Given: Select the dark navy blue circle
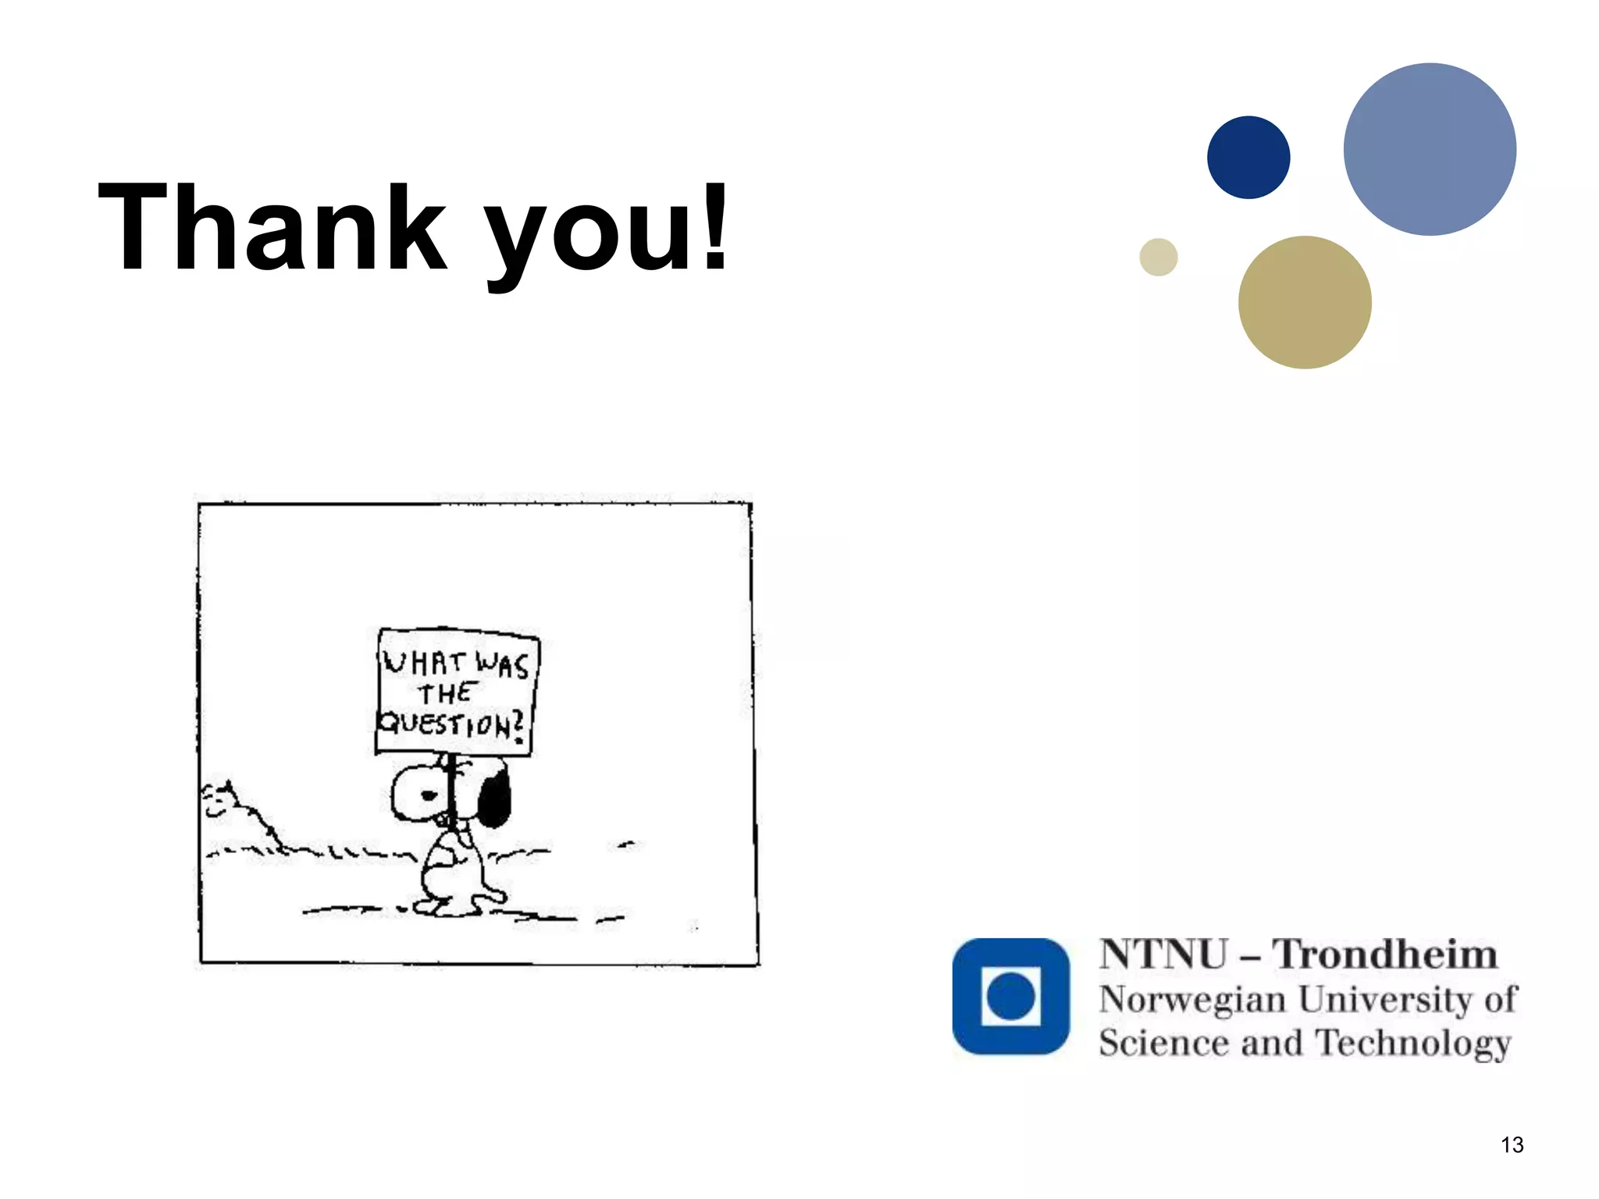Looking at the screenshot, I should (x=1248, y=158).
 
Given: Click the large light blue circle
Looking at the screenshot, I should (x=1430, y=149).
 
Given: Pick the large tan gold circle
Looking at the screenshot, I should (x=1305, y=302).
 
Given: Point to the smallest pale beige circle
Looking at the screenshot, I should (x=1159, y=257).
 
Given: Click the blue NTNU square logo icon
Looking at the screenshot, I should (x=1011, y=996).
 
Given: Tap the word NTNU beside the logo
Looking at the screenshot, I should (x=1163, y=954).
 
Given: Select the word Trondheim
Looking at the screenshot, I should (x=1385, y=954).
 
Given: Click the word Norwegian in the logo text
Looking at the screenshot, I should (x=1192, y=999).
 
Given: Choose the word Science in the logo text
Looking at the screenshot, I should (x=1163, y=1043).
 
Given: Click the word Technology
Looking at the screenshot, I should (x=1413, y=1044).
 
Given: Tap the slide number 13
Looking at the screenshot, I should (x=1512, y=1145).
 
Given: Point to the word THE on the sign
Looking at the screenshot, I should (x=446, y=693).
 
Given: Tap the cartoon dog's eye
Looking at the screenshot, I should (x=429, y=795).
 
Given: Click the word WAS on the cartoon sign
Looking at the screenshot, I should (x=503, y=665).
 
